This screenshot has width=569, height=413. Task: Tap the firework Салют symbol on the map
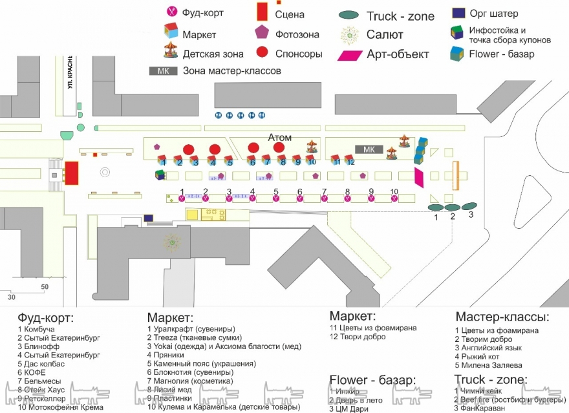(x=172, y=243)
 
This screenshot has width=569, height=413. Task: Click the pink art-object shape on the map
(x=419, y=177)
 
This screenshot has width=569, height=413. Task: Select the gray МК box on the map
(x=369, y=149)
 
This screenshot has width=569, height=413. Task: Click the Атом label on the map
(x=280, y=138)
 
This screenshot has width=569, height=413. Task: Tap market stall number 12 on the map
(x=349, y=158)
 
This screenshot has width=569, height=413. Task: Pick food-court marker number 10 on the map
(x=394, y=198)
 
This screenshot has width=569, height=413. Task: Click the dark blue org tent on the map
(x=149, y=218)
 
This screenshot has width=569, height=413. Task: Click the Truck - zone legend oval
(x=349, y=16)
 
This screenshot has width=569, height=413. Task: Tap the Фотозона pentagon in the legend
(x=263, y=32)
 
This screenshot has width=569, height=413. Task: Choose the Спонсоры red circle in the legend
(x=263, y=53)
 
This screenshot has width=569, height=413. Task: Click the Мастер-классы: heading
(x=502, y=317)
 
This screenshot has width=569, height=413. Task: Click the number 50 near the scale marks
(x=45, y=286)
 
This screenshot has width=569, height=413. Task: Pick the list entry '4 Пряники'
(x=167, y=355)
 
